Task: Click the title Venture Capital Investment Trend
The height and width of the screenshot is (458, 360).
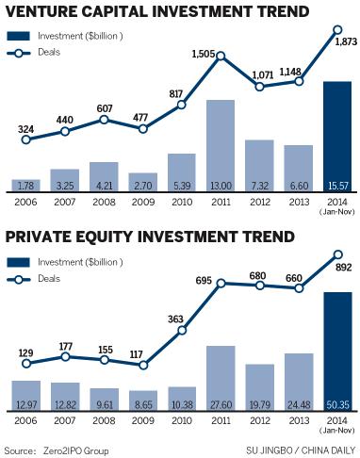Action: [157, 13]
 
